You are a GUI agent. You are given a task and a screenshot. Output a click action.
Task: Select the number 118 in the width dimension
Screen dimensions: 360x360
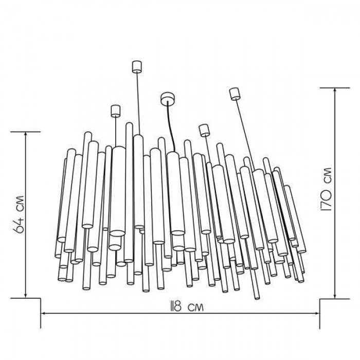(176, 307)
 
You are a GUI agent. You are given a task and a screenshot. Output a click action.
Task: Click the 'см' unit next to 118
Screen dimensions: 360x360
(196, 307)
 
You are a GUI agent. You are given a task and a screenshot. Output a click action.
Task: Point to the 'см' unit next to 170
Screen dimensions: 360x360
(327, 175)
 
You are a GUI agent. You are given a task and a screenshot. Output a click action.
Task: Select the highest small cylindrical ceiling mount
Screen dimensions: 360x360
(137, 67)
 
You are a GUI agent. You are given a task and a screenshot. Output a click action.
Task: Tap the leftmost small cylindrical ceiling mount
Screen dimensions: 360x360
(116, 111)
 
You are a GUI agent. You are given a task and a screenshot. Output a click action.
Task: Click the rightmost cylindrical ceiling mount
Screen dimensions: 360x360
(235, 94)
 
